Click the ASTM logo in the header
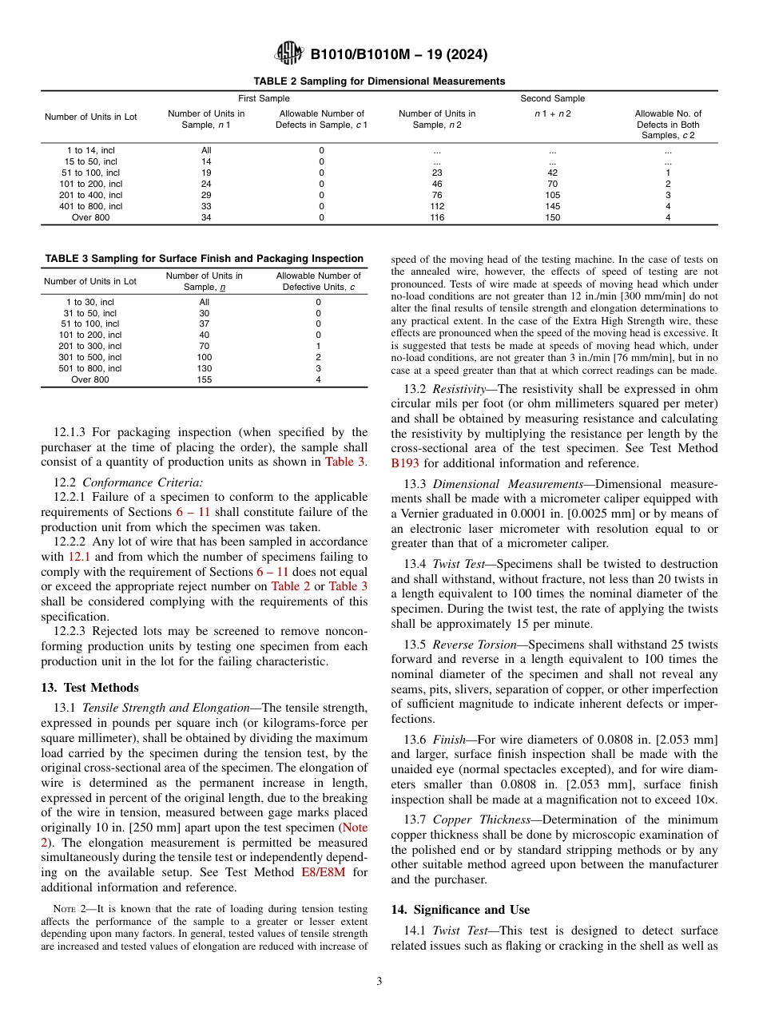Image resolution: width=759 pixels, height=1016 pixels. point(288,54)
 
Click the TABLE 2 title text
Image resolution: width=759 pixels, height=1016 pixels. point(379,81)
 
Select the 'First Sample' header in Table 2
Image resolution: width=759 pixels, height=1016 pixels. point(264,98)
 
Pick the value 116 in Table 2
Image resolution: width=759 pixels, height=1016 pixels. point(436,217)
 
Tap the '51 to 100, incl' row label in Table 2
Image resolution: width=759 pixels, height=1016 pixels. point(90,173)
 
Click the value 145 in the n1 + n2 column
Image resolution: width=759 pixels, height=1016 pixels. point(552,206)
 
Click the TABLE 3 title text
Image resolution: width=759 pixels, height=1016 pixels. point(204,258)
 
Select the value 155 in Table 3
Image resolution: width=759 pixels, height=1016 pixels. point(204,379)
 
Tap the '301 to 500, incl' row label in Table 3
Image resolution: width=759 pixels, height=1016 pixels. point(90,357)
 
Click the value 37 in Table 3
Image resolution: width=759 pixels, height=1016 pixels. point(204,323)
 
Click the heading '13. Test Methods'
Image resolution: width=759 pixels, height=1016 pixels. point(89,688)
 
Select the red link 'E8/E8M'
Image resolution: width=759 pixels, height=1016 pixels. point(323,872)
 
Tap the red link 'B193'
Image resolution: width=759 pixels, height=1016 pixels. point(404,462)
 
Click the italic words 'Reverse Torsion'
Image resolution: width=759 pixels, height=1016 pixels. point(474,645)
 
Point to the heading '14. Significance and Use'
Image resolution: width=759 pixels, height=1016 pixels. point(460,910)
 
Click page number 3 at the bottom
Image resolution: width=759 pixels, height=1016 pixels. point(379,982)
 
